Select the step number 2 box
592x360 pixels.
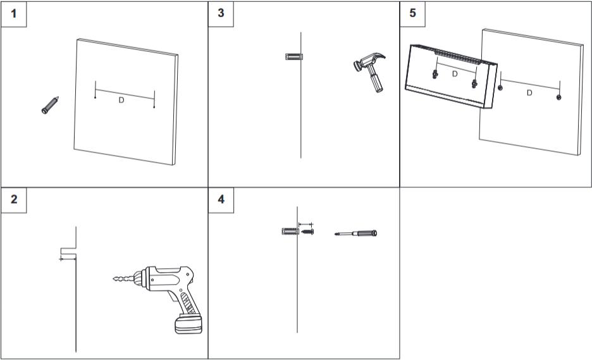click(13, 200)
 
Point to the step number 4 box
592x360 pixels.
click(221, 200)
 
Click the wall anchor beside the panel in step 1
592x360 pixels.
click(49, 105)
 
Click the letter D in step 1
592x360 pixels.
click(121, 100)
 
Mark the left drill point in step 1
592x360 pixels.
click(95, 98)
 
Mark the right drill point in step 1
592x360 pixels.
click(154, 106)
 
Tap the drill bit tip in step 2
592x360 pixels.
click(114, 278)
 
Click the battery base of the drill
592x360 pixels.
click(188, 326)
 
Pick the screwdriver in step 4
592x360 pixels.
click(355, 233)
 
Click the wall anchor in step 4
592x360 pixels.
click(288, 232)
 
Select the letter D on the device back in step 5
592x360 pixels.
click(454, 74)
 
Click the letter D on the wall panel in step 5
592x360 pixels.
click(529, 92)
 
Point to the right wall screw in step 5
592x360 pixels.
click(558, 97)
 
